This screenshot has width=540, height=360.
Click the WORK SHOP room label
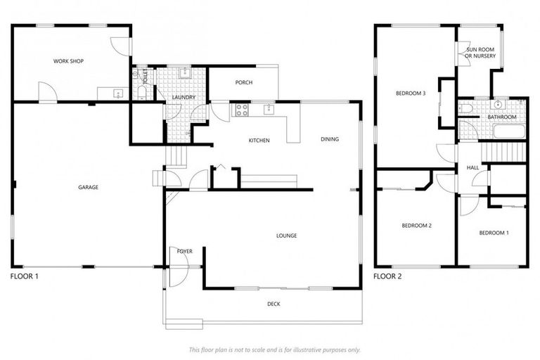(68, 61)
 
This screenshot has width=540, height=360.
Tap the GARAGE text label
(88, 188)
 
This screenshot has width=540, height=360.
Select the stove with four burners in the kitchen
(241, 109)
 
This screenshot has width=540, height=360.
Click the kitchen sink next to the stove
(268, 109)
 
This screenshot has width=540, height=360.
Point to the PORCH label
(244, 83)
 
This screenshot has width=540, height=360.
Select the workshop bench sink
(117, 92)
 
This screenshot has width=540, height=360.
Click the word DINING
(329, 139)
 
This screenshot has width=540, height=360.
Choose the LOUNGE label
(286, 235)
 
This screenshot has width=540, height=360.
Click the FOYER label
(185, 251)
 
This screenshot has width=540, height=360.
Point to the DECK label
(274, 304)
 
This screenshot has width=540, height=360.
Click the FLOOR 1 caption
(25, 276)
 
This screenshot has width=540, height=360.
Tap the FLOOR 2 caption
(387, 276)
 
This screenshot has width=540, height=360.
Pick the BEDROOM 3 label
(411, 94)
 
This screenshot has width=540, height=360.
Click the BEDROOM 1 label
(494, 233)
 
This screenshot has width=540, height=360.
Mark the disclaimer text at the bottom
(274, 349)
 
